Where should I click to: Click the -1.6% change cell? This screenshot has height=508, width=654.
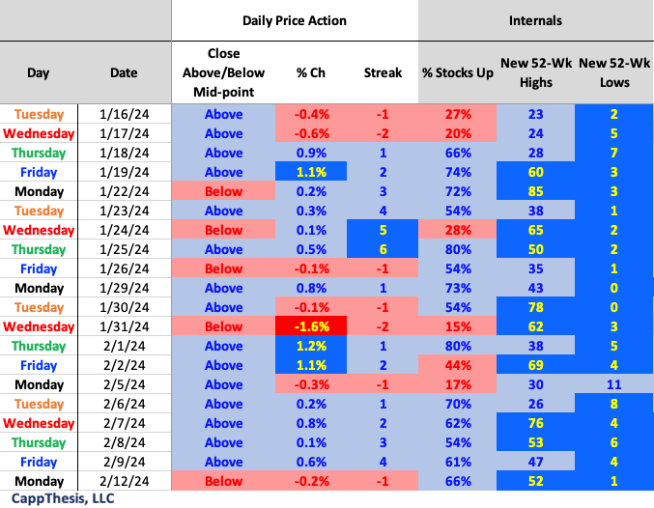click(x=313, y=326)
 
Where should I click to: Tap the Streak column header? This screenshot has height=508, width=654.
click(x=384, y=72)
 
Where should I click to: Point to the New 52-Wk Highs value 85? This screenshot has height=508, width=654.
click(x=534, y=191)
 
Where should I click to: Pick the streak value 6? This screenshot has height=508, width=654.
click(x=384, y=249)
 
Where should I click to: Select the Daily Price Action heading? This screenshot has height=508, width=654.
click(x=295, y=20)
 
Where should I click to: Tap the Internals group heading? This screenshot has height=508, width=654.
click(x=536, y=20)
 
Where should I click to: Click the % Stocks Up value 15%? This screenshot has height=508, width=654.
click(x=458, y=326)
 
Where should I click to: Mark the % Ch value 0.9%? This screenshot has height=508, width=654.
click(x=313, y=153)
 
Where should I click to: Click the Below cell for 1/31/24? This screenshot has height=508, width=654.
click(x=223, y=326)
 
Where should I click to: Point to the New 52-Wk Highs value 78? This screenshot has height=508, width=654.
click(x=534, y=307)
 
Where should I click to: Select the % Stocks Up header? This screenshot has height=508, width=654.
click(x=458, y=72)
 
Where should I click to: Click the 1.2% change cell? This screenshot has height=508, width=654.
click(x=313, y=346)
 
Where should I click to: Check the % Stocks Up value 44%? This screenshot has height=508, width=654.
click(x=458, y=365)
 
